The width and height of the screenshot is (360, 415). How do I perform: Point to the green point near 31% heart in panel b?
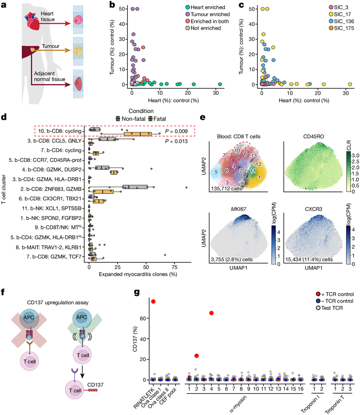point(220,84)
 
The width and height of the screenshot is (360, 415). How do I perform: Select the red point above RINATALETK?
point(153,302)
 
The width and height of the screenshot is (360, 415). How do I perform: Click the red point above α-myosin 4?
point(212,313)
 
